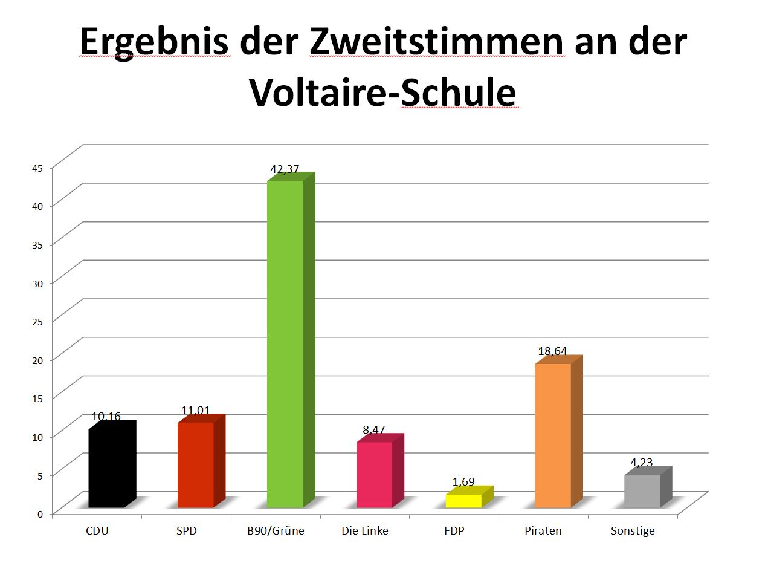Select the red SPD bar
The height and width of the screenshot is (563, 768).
(x=195, y=464)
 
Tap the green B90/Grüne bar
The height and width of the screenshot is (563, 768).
(x=285, y=344)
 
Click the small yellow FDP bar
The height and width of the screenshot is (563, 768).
(x=463, y=501)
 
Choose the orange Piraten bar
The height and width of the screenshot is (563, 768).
(x=552, y=435)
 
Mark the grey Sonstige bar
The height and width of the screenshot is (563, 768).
(x=642, y=491)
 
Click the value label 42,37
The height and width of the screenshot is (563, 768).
(x=285, y=170)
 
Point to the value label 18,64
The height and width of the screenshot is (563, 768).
(x=552, y=351)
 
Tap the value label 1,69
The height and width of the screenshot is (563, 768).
(x=463, y=482)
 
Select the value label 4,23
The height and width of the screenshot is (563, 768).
(x=642, y=463)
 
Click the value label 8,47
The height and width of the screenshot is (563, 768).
(x=374, y=430)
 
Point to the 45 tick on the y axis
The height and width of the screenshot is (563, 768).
(x=38, y=168)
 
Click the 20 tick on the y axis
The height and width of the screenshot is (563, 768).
(x=38, y=360)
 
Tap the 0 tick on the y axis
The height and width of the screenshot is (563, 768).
(x=40, y=514)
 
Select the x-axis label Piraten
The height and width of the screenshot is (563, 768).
(x=542, y=531)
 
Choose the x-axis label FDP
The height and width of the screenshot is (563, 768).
(x=454, y=531)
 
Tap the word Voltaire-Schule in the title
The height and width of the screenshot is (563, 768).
(x=383, y=93)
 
